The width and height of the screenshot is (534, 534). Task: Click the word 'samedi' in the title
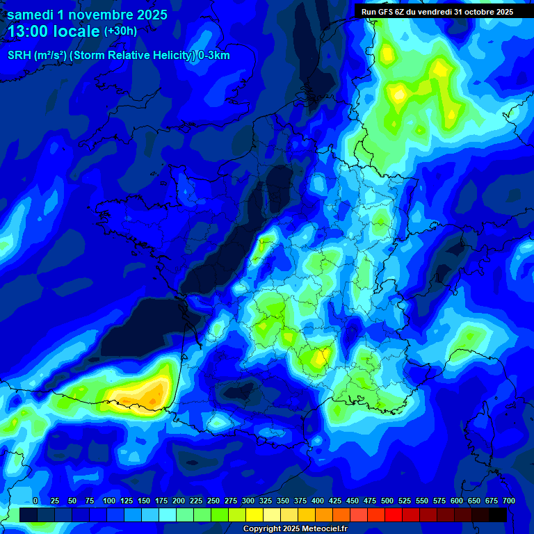click(32, 15)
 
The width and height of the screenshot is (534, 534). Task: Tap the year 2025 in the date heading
click(147, 15)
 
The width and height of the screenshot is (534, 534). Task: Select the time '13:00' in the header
click(32, 31)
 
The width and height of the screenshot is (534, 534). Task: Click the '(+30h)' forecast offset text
click(120, 31)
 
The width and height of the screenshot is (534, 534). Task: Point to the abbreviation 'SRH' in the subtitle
click(19, 56)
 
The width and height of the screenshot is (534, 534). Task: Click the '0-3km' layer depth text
click(214, 56)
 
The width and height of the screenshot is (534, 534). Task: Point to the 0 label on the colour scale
click(35, 501)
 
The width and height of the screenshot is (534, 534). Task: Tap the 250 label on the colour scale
click(213, 501)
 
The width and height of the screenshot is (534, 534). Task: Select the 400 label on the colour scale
click(318, 501)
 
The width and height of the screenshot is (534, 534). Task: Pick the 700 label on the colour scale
click(509, 501)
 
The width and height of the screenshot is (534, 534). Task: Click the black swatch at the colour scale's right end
click(498, 515)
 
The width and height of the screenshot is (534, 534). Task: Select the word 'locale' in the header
click(77, 31)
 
